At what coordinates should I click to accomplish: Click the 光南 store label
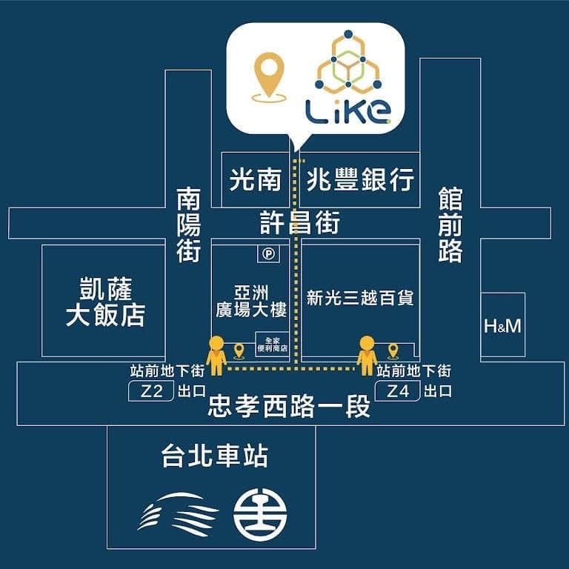click(x=256, y=179)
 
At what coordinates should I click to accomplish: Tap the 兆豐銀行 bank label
click(x=360, y=179)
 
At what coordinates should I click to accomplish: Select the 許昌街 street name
click(x=300, y=222)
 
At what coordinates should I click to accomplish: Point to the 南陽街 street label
click(x=189, y=225)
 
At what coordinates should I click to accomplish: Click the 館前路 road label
click(x=450, y=225)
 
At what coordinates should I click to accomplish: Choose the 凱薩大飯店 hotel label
click(x=105, y=302)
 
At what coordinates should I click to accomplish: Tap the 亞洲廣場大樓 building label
click(x=251, y=302)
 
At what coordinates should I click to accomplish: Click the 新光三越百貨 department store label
click(x=360, y=298)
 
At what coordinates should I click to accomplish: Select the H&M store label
click(x=502, y=326)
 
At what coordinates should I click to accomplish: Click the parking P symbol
click(x=268, y=253)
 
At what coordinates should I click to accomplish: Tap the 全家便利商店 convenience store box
click(x=272, y=345)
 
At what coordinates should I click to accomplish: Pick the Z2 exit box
click(x=151, y=391)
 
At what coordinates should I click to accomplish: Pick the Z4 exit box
click(x=397, y=391)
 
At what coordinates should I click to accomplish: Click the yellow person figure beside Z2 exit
click(x=216, y=356)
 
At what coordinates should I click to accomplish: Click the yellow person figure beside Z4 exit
click(x=367, y=356)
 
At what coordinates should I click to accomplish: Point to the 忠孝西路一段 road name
click(x=289, y=407)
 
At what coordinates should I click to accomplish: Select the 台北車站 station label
click(x=215, y=456)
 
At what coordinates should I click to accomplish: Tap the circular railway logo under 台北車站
click(x=260, y=515)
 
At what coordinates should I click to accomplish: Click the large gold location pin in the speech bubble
click(x=269, y=77)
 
